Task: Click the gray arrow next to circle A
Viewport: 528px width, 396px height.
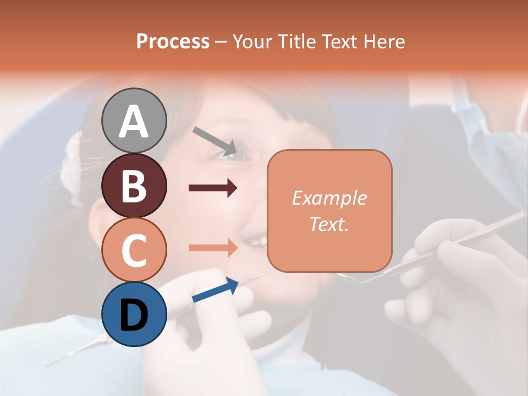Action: click(x=215, y=140)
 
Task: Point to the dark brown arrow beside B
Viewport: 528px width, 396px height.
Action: click(x=213, y=188)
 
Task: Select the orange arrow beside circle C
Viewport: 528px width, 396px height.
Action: click(x=213, y=248)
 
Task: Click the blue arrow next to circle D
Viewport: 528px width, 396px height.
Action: click(x=215, y=290)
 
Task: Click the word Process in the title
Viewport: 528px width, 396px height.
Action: click(x=173, y=41)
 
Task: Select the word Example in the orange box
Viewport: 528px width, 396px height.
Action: click(x=329, y=198)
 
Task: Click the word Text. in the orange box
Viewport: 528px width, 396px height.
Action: click(x=329, y=224)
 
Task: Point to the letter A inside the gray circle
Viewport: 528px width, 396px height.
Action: click(x=134, y=121)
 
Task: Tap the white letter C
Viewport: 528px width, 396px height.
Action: click(x=134, y=250)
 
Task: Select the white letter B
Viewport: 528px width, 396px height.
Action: click(x=134, y=186)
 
